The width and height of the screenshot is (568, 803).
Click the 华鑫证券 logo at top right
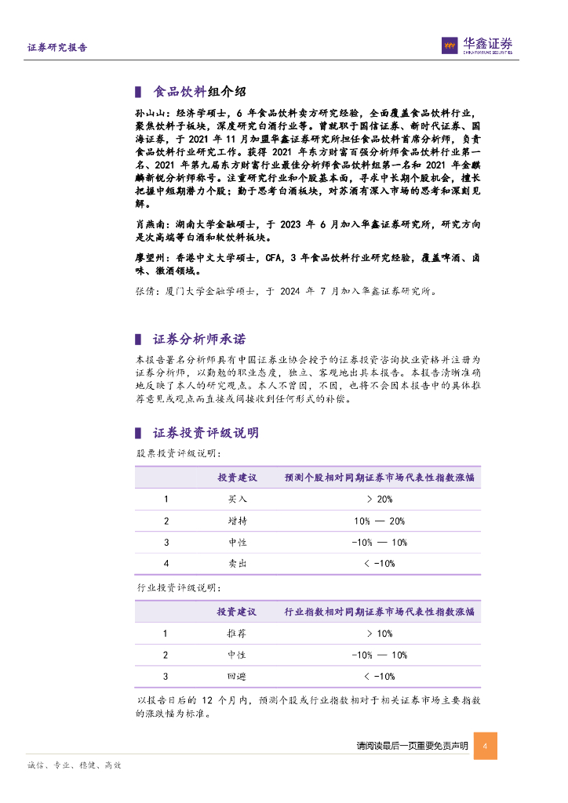coord(476,46)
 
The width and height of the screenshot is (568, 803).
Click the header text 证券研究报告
coord(57,48)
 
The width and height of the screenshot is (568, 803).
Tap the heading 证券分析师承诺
coord(199,339)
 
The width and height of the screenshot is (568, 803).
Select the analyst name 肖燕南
coord(149,224)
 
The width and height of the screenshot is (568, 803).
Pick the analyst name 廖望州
coord(149,257)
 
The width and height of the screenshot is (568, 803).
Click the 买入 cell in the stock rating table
coord(237,499)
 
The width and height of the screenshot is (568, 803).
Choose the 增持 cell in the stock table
coord(237,521)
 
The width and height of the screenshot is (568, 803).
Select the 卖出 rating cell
coord(237,563)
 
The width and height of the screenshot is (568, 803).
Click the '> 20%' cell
coord(379,499)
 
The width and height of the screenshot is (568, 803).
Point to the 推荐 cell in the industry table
coord(237,633)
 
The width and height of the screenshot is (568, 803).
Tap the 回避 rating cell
coord(237,676)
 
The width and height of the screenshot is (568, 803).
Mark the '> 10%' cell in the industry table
coord(379,633)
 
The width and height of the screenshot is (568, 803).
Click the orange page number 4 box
coord(486,746)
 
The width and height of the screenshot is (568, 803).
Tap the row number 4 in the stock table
coord(166,563)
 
